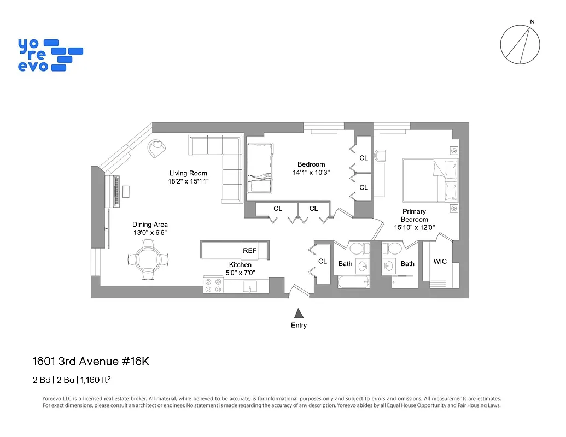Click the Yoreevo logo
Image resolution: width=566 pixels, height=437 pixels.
[x=50, y=55]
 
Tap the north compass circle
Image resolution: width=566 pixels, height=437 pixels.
[x=520, y=44]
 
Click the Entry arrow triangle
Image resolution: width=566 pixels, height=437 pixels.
[x=299, y=313]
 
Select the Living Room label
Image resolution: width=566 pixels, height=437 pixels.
[x=188, y=174]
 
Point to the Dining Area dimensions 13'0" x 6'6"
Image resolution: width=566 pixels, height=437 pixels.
[x=150, y=232]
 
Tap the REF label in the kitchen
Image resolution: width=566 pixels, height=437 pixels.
[x=249, y=251]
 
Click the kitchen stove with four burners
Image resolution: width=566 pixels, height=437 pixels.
[x=213, y=285]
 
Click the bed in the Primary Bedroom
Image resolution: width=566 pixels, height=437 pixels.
[x=430, y=180]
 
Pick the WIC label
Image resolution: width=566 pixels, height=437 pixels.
[x=440, y=262]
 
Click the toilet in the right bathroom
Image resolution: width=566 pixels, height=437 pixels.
[x=392, y=249]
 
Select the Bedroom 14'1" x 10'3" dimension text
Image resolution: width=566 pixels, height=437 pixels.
[x=311, y=172]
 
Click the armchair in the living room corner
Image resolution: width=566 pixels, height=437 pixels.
[x=156, y=146]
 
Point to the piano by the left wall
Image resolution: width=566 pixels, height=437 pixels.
[x=115, y=191]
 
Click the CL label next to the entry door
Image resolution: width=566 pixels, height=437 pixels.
[x=323, y=262]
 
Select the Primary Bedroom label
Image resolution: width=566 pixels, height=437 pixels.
[x=414, y=215]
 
